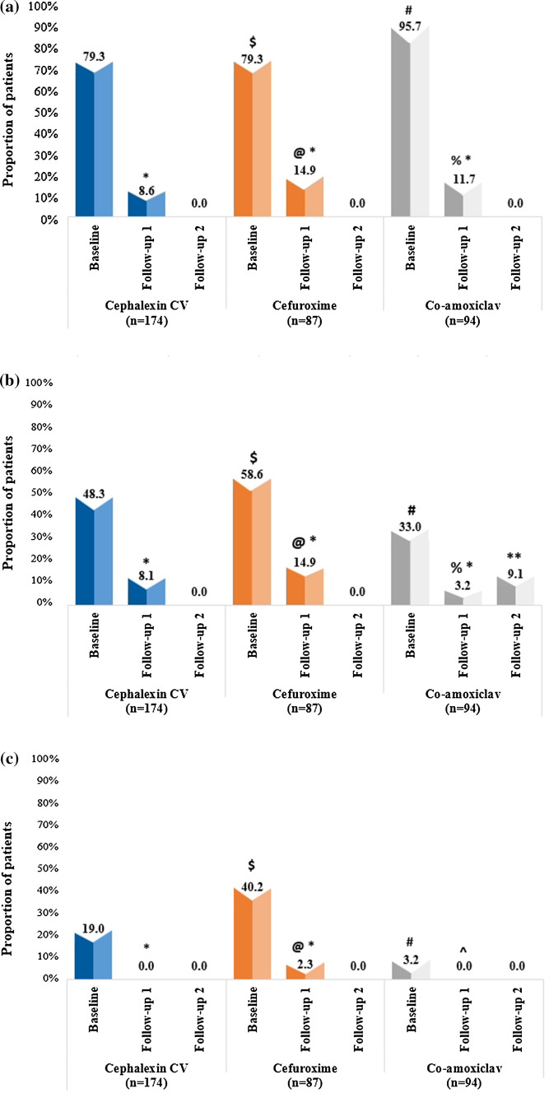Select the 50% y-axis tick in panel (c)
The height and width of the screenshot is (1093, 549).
click(x=41, y=868)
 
